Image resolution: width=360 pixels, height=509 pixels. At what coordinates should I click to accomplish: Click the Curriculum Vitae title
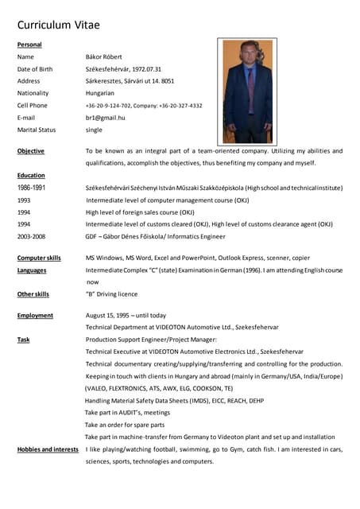(x=59, y=25)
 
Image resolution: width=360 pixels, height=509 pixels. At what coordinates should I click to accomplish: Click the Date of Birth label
(x=35, y=69)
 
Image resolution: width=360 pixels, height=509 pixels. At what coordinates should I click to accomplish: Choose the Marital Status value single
(x=94, y=130)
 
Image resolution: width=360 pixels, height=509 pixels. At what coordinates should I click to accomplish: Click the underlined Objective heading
(x=31, y=150)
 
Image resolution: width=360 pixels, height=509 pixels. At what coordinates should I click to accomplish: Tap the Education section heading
(x=31, y=175)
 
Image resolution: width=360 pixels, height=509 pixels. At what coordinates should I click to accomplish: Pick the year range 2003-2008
(x=31, y=236)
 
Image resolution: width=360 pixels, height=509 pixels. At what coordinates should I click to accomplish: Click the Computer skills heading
(x=39, y=258)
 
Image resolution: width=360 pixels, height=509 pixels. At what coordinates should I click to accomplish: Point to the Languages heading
(x=32, y=270)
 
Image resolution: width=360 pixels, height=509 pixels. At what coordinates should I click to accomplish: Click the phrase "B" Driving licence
(x=111, y=294)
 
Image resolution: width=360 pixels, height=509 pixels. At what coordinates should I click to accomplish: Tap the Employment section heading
(x=35, y=315)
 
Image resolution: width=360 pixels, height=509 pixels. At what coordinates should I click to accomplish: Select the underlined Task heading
(x=24, y=340)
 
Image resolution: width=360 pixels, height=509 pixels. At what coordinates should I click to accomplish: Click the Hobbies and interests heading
(x=48, y=449)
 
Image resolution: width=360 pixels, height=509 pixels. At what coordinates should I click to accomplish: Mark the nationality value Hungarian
(x=100, y=93)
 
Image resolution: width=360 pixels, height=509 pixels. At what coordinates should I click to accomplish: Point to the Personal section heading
(x=29, y=45)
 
